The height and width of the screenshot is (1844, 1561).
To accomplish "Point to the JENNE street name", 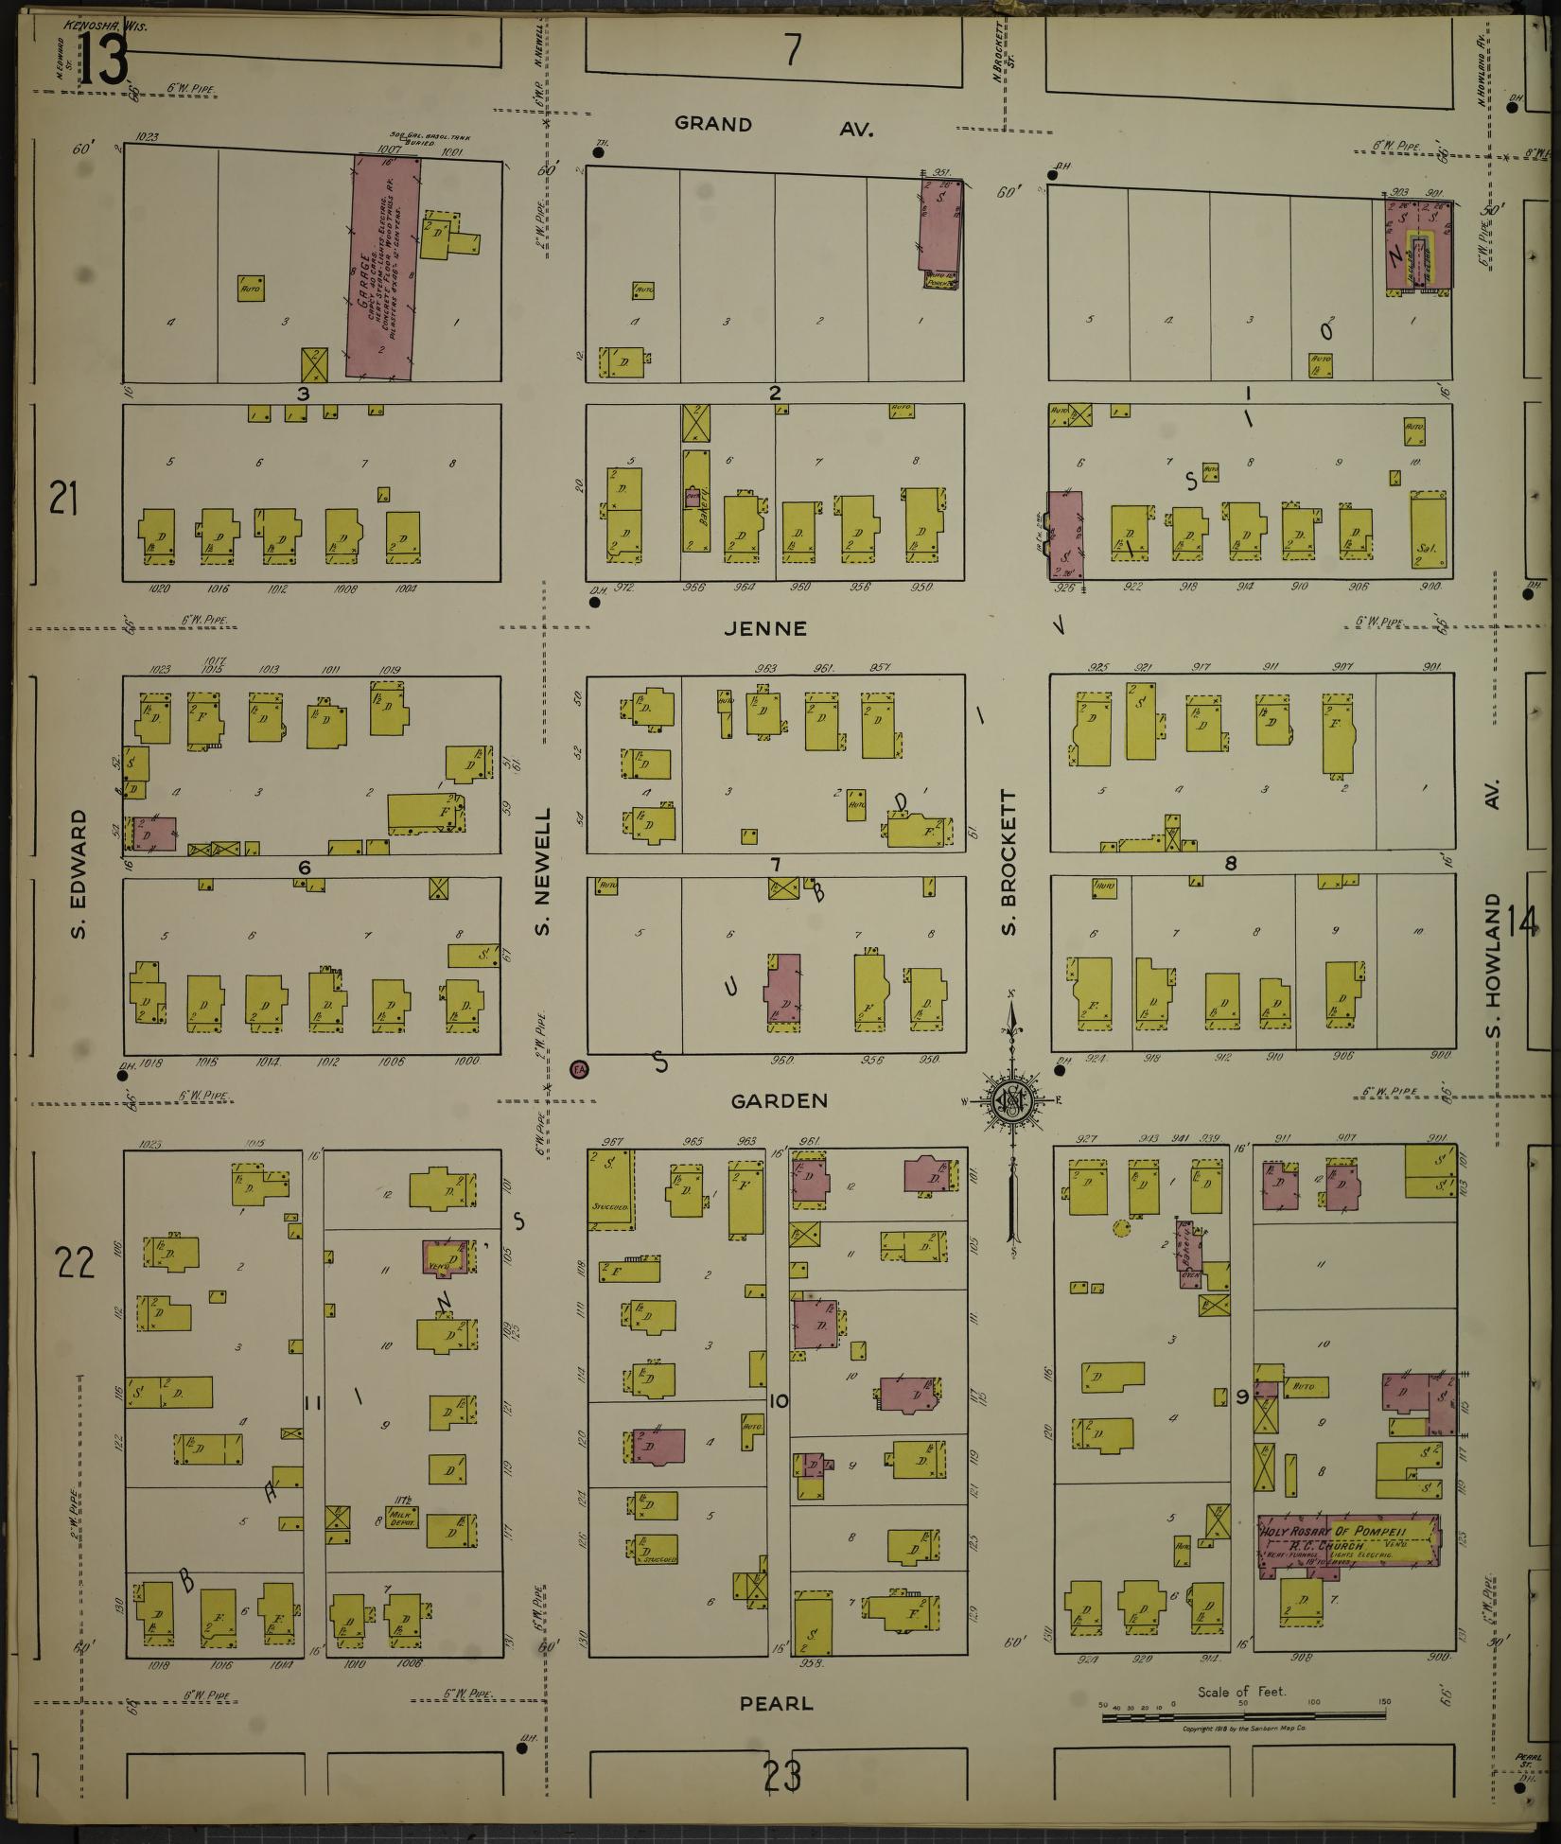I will tap(780, 628).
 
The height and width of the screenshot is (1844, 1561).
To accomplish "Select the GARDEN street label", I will tap(780, 1100).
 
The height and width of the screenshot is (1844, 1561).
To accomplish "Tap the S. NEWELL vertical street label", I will tap(543, 870).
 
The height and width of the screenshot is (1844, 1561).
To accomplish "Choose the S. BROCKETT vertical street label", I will tap(1009, 863).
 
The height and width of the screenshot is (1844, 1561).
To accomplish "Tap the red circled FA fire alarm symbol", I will tap(579, 1070).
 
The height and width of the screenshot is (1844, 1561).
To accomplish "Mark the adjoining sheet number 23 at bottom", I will tap(784, 1776).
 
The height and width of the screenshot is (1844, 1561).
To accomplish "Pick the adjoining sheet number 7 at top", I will tap(792, 49).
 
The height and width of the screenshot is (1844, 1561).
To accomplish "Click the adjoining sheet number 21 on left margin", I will tap(63, 498).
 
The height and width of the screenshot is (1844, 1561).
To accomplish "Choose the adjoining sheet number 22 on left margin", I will tap(75, 1262).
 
